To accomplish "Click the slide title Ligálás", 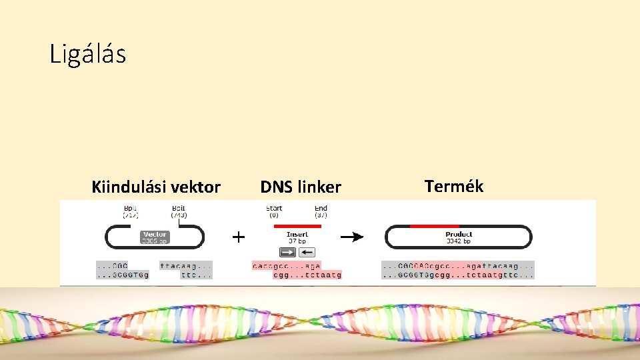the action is point(87,55).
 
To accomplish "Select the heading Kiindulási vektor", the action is point(155,187).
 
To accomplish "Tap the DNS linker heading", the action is point(300,187).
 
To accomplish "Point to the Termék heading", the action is point(453,186).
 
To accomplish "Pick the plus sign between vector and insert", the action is point(238,237).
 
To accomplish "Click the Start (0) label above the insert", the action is point(274,211).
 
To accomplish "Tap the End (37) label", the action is point(321,211).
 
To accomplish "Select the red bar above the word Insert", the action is point(297,226).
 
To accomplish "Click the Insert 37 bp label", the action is point(297,237).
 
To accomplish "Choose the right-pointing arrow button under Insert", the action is point(288,252).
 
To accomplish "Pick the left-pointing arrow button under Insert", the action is point(307,252).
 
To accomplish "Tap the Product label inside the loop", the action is point(459,237).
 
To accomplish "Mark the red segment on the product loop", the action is point(434,226).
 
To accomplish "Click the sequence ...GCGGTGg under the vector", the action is point(123,275).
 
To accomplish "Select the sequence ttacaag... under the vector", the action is point(186,265).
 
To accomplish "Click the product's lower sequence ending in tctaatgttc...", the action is point(457,275).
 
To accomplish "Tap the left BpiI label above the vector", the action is point(130,211).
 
